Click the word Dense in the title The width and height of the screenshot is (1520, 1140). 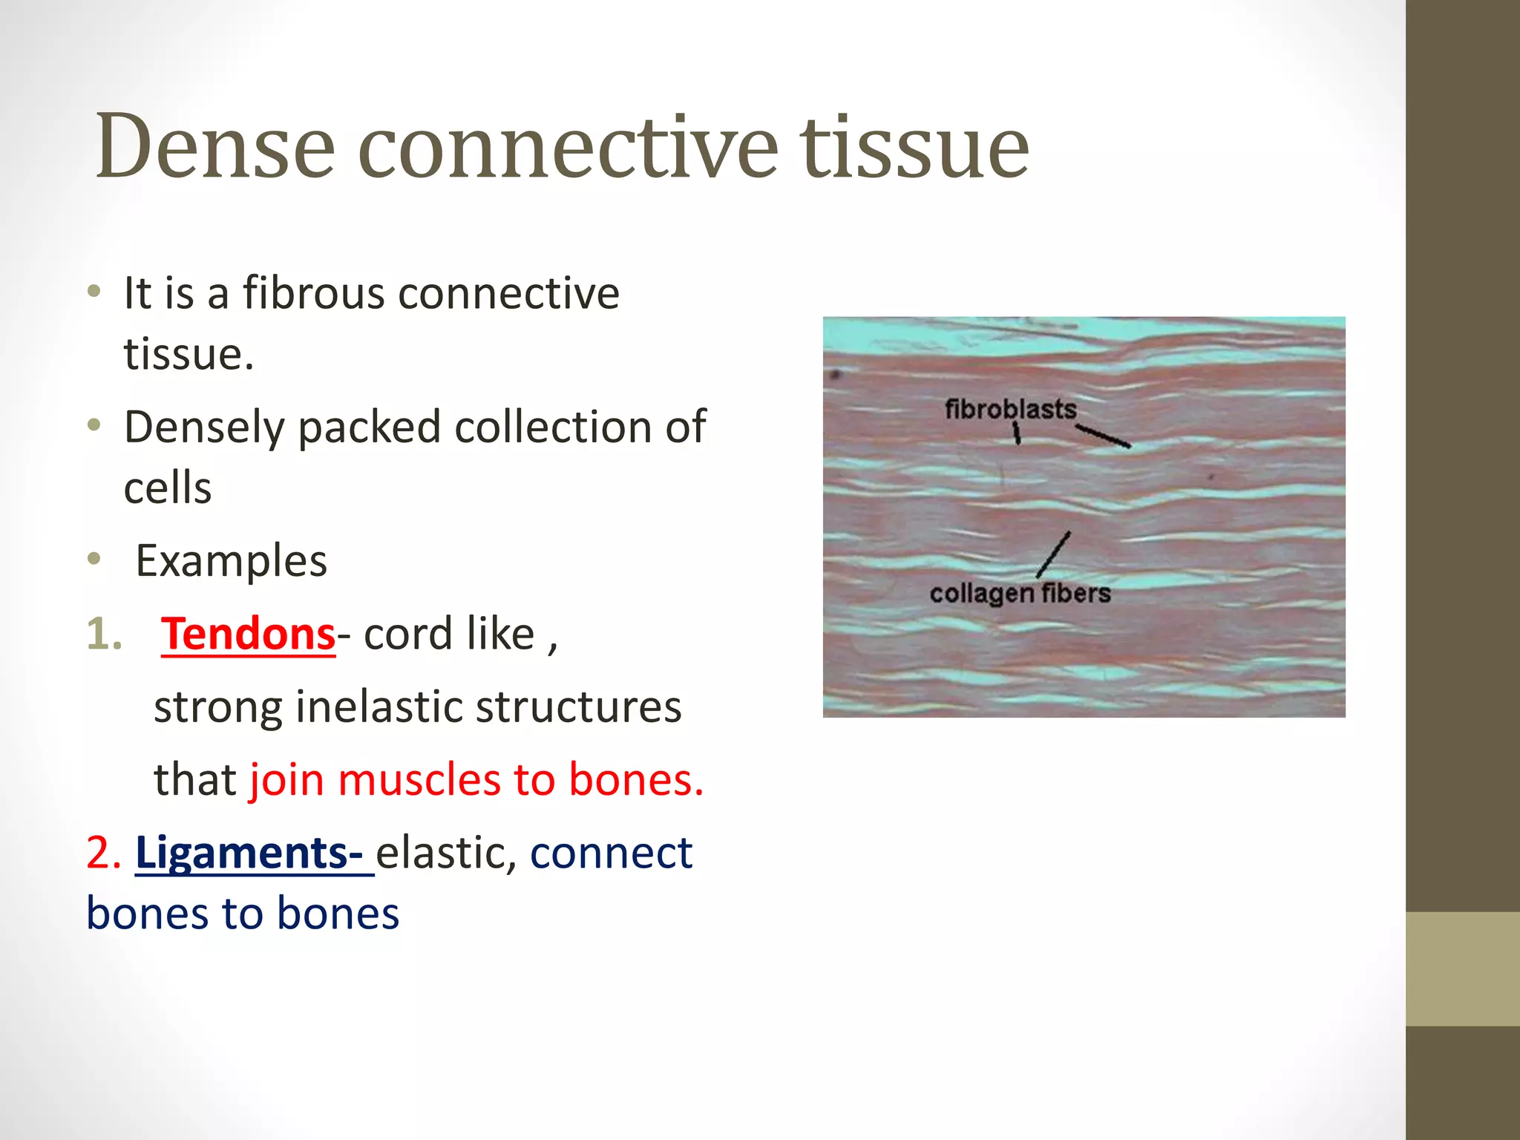[215, 146]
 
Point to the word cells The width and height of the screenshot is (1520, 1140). [168, 488]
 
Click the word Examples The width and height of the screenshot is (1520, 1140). [231, 561]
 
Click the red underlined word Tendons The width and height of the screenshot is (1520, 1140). [249, 635]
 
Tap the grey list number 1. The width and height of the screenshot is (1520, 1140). [104, 635]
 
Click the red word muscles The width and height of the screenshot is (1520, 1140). [420, 780]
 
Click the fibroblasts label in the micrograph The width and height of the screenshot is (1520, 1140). [1010, 409]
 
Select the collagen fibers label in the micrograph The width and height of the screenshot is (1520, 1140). [1020, 593]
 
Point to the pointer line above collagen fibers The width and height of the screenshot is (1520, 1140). [1054, 554]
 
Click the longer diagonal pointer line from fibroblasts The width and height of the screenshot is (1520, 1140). [1104, 436]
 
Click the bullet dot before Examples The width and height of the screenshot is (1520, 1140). [94, 559]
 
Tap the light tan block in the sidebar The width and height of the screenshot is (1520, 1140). [1462, 969]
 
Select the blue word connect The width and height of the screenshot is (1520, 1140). [611, 853]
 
